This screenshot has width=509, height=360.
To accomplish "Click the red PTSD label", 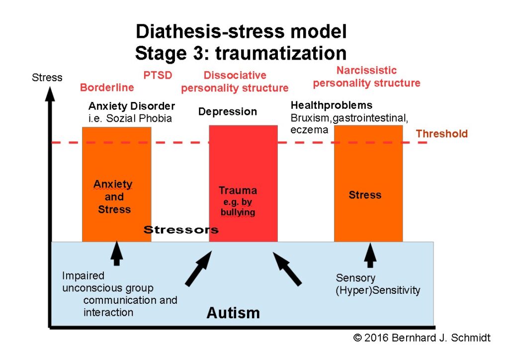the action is (x=158, y=75).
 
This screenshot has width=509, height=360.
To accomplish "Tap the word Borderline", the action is (x=107, y=88).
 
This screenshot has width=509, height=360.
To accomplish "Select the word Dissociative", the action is (x=235, y=75).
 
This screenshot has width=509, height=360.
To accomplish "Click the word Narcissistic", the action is (x=366, y=70).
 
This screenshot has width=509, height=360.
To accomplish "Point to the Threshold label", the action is (x=441, y=133).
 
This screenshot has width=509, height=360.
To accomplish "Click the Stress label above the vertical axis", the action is (x=47, y=78).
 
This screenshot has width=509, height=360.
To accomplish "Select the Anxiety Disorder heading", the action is (x=131, y=106).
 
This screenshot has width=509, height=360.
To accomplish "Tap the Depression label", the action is (x=228, y=112).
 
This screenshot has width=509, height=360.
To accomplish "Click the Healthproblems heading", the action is (x=332, y=105).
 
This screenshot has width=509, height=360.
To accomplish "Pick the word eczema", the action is (x=309, y=130).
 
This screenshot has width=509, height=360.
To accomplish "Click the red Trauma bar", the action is (x=243, y=183).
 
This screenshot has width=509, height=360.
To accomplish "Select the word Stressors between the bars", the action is (x=181, y=230).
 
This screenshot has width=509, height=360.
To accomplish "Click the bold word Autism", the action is (x=233, y=313).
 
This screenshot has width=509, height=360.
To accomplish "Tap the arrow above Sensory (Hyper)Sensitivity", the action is (x=370, y=255).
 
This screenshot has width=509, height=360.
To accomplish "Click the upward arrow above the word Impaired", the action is (x=116, y=253).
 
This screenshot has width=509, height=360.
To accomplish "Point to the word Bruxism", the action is (x=310, y=118).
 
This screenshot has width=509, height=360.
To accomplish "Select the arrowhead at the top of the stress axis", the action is (x=50, y=94).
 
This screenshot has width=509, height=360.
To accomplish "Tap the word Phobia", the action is (x=156, y=118).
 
